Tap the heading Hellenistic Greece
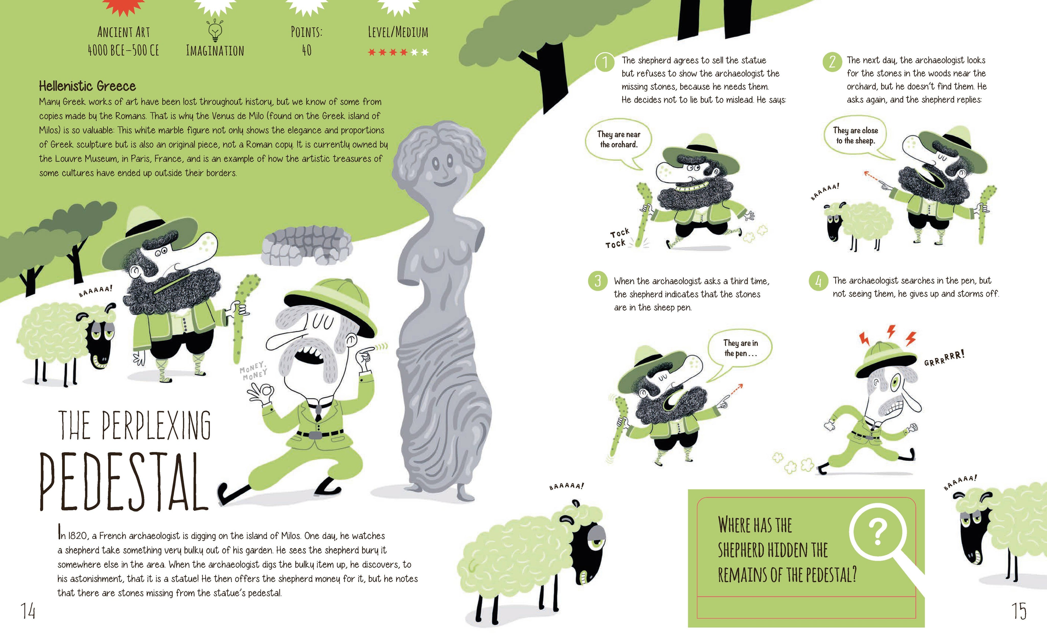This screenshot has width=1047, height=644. [x=87, y=86]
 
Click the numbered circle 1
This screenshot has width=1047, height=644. [x=604, y=63]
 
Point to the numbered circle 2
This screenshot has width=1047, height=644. [x=832, y=62]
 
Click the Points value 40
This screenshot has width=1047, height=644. [x=307, y=51]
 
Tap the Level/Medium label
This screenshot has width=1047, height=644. [x=398, y=32]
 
